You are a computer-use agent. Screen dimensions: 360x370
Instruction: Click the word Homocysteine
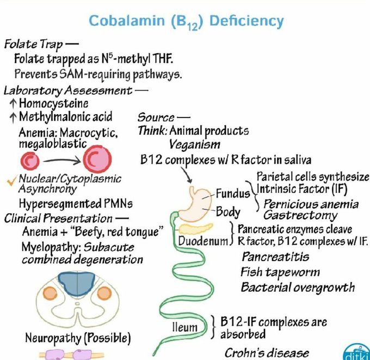[x=53, y=103]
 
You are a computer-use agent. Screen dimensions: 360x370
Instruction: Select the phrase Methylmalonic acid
[x=65, y=116]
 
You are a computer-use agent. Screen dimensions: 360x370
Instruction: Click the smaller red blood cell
[x=32, y=160]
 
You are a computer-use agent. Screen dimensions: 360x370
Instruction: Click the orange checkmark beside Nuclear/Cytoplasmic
[x=11, y=180]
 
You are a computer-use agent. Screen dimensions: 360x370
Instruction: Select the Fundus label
[x=232, y=193]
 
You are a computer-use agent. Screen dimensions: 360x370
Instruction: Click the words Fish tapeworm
[x=280, y=271]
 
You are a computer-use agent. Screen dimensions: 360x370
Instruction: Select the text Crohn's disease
[x=267, y=352]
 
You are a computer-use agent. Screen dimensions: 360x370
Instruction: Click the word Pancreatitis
[x=275, y=256]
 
